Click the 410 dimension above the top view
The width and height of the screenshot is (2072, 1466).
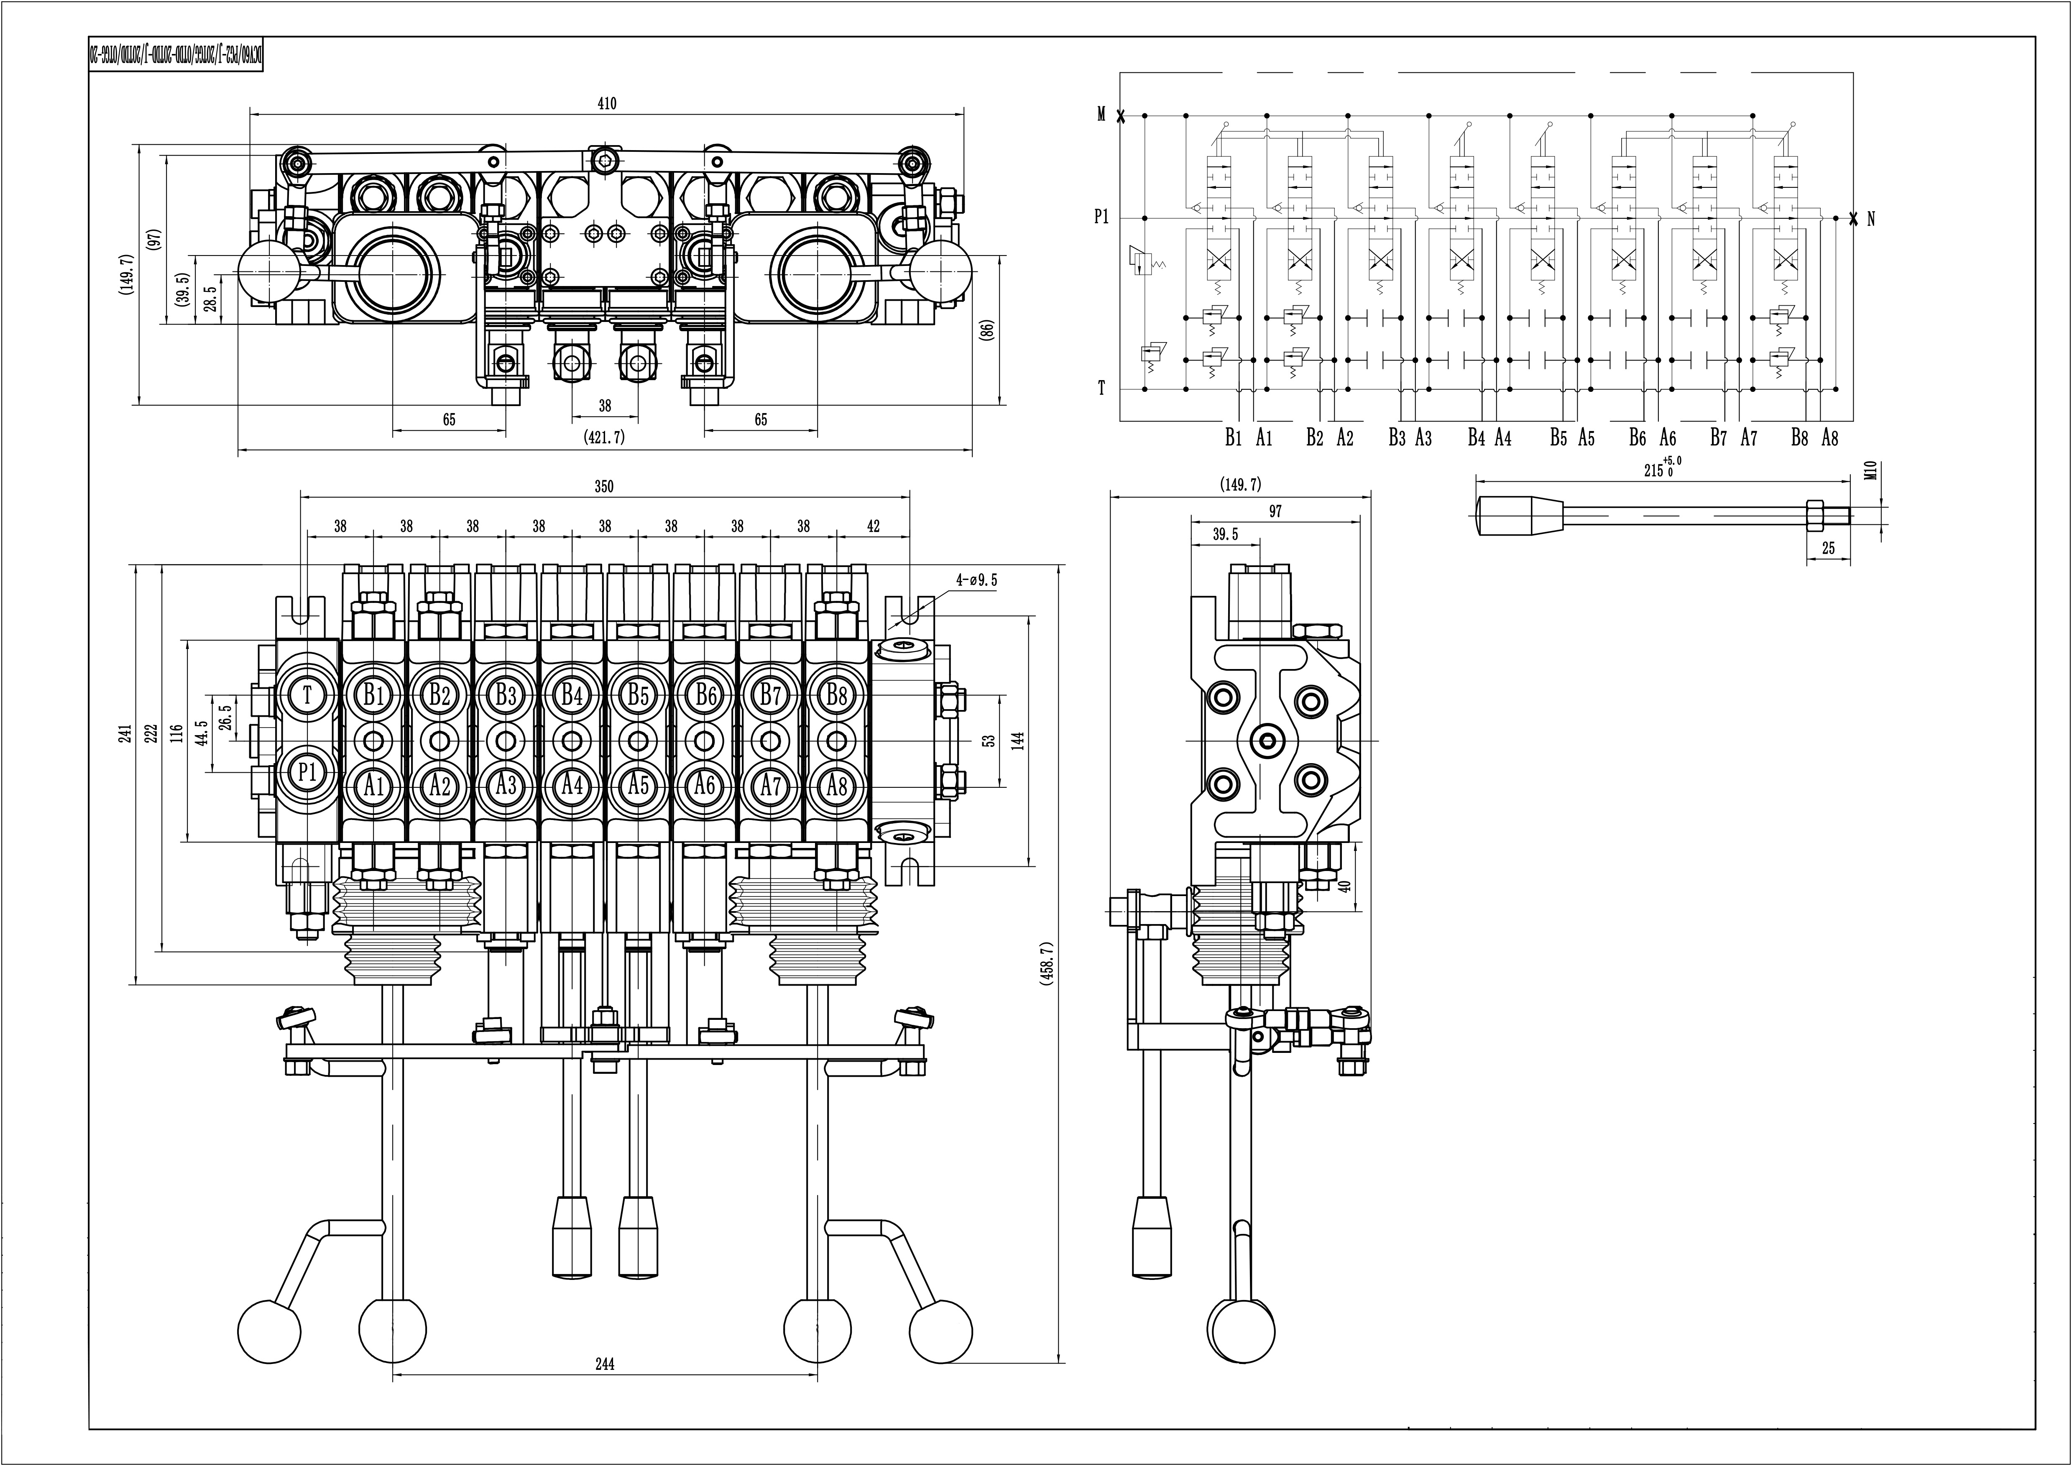607,104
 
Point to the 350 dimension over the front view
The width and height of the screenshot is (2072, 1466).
604,487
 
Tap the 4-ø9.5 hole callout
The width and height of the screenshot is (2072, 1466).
977,580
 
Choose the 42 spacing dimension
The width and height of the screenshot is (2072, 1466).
873,526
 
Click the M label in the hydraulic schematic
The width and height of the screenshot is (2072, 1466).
1101,115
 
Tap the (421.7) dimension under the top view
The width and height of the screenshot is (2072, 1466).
605,438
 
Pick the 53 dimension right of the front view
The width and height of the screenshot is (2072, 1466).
989,740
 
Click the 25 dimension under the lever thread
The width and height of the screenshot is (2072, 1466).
1828,548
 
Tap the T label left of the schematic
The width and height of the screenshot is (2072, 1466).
1101,389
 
